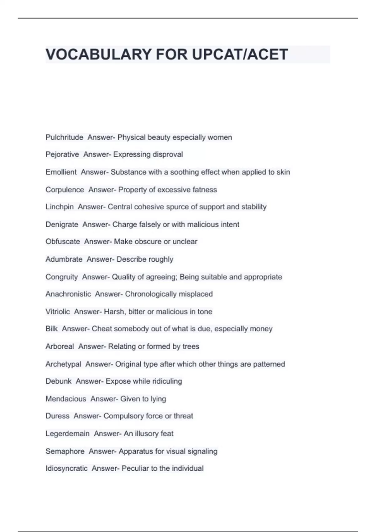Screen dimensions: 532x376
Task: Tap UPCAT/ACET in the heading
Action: pos(240,54)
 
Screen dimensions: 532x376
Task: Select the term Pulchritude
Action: pos(64,137)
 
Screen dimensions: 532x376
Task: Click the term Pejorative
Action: pos(62,154)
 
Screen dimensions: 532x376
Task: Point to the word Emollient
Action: pos(61,172)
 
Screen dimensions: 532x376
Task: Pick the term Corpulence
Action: pos(65,190)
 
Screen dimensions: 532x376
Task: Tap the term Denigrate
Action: pos(62,224)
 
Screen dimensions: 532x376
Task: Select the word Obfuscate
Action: pos(63,242)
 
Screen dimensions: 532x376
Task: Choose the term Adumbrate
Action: pos(64,259)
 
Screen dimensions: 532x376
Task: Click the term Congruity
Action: pos(61,277)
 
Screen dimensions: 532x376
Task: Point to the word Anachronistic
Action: pos(68,294)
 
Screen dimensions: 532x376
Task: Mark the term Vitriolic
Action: pos(58,312)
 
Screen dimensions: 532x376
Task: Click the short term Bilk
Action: pos(51,329)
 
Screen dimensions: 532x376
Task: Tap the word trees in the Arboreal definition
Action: pos(191,346)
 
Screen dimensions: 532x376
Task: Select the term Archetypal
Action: pos(63,364)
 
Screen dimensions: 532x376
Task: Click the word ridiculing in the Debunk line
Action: pos(167,381)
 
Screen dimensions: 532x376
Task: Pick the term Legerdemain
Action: pos(67,434)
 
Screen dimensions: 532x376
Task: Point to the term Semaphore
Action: pos(65,451)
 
